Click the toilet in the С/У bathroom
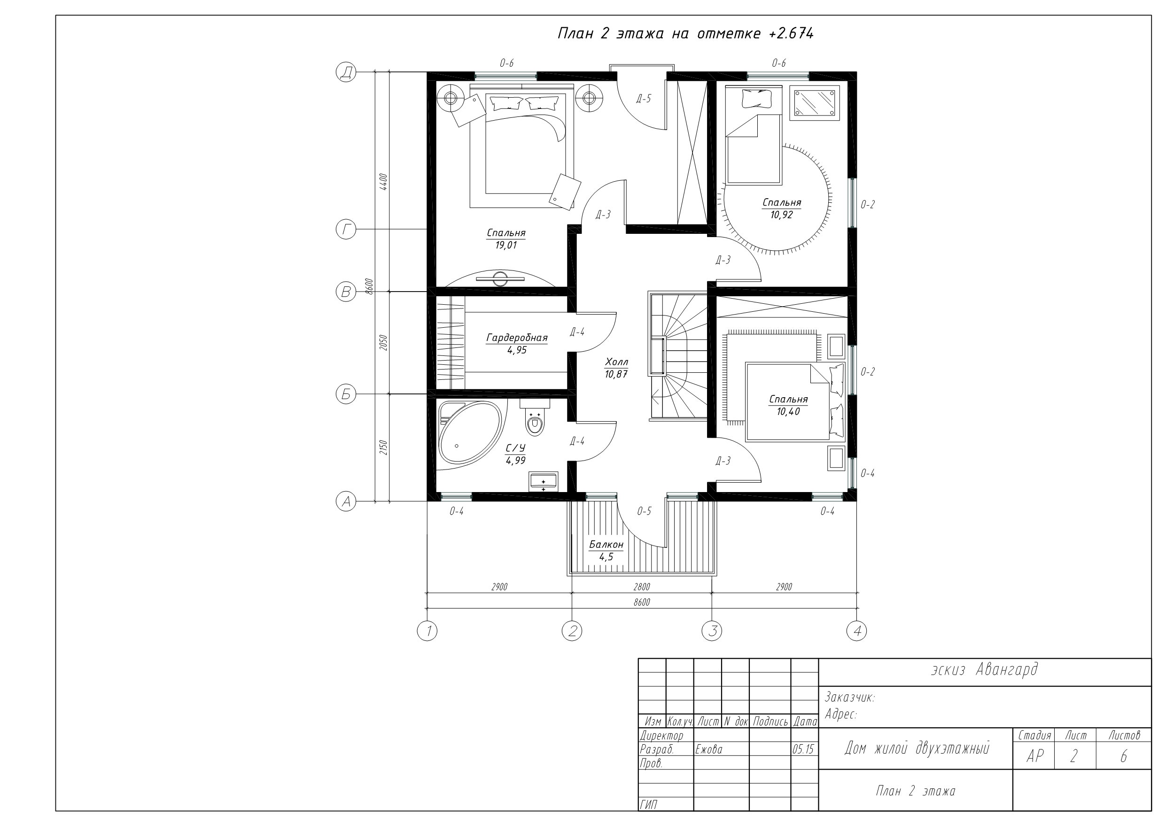tap(535, 417)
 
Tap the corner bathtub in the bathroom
tap(468, 432)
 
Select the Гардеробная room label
tap(517, 338)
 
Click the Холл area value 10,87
tap(616, 375)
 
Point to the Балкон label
tap(606, 545)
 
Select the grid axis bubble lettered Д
tap(346, 73)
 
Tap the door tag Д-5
tap(644, 99)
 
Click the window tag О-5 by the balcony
tap(644, 511)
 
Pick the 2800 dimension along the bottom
tap(642, 587)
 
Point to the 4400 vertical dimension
tap(384, 182)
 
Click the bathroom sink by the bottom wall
tap(544, 481)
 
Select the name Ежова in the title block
tap(709, 749)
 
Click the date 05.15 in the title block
tap(803, 749)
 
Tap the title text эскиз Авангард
tap(984, 670)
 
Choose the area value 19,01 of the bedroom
tap(506, 246)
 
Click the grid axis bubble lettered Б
tap(346, 394)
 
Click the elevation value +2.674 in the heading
tap(791, 33)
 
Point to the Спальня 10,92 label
tap(782, 208)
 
